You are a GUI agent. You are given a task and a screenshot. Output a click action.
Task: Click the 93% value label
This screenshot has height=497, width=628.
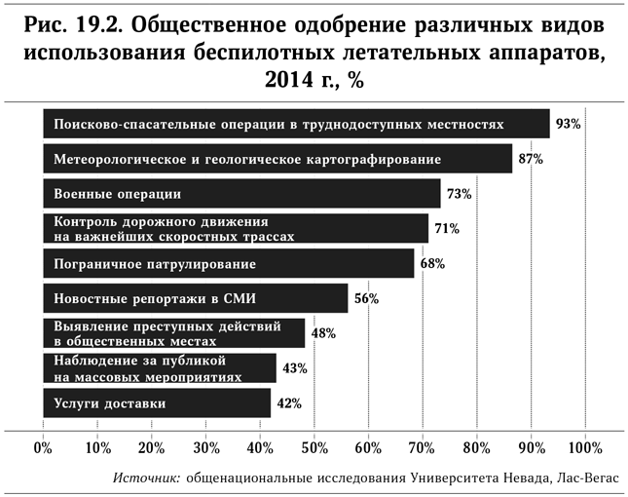point(569,125)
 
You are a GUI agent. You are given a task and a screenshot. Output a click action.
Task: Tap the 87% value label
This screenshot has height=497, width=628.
point(531,159)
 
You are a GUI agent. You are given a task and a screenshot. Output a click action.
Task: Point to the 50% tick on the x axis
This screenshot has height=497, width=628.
point(314,448)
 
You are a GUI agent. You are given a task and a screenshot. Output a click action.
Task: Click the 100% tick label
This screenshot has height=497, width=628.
point(584,448)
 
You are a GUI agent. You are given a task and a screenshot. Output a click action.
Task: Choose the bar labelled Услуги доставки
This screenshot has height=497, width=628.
point(157,402)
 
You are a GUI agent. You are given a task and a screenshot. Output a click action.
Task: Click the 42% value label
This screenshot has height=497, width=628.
point(290,403)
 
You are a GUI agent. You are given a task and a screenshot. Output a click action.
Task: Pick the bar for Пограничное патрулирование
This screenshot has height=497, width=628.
point(229,264)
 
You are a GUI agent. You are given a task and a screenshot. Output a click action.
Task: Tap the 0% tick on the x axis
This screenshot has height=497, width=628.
point(43,448)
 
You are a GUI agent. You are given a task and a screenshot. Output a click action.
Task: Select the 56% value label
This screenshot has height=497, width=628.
point(366,299)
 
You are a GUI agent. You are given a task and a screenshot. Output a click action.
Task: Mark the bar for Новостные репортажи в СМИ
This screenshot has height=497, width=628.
point(195,298)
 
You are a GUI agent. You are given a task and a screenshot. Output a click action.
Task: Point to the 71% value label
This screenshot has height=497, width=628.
point(446,229)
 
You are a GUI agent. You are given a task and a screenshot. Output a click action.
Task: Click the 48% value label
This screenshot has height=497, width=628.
point(323,333)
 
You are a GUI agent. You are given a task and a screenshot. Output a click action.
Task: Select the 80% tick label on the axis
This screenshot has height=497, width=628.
point(476,448)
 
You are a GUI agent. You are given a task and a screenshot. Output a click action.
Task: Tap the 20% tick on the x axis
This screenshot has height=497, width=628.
point(151,448)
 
